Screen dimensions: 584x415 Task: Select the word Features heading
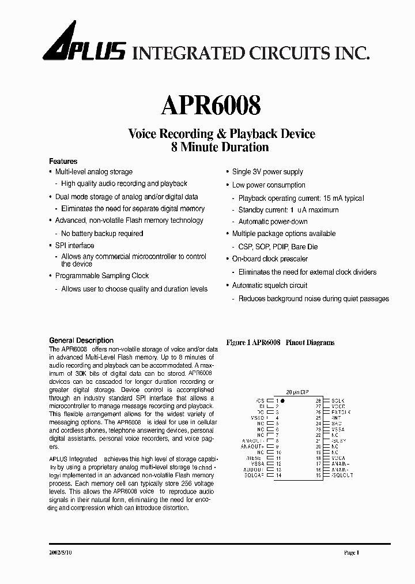click(x=63, y=162)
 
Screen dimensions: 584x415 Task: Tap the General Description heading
click(x=81, y=340)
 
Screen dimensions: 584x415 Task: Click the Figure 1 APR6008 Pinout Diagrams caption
click(x=280, y=343)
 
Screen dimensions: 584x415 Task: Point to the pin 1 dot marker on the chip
click(x=283, y=400)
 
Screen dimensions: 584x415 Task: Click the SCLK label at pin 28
click(x=338, y=400)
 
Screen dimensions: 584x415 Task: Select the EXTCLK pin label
click(x=340, y=412)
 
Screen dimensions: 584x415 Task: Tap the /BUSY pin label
click(x=339, y=441)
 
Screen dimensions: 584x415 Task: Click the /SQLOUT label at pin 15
click(x=342, y=476)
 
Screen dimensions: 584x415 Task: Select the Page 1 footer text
click(x=352, y=553)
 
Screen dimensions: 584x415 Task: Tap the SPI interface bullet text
click(x=74, y=246)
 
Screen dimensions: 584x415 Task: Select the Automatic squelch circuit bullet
click(x=269, y=286)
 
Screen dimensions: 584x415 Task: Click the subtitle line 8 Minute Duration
click(x=220, y=147)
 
